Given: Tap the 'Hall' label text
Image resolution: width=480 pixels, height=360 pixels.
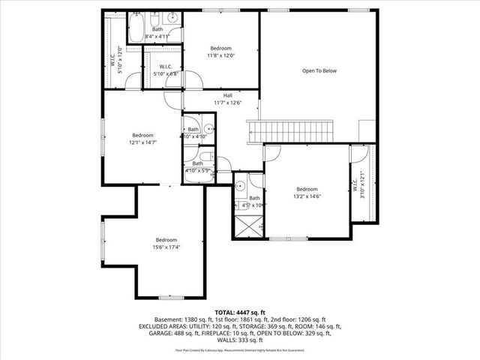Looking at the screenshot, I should tap(226, 94).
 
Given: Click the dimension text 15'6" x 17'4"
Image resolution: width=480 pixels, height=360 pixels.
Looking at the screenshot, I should tap(166, 247).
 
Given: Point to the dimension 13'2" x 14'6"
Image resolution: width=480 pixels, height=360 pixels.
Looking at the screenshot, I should tap(307, 196).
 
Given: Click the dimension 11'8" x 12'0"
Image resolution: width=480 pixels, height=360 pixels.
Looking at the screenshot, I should tap(221, 55).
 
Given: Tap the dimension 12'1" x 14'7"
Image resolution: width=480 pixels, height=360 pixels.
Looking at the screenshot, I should tap(142, 142).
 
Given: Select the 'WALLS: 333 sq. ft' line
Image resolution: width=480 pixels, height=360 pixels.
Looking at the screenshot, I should tap(239, 341).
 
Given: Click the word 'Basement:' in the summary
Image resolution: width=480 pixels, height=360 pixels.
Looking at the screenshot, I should tap(169, 319).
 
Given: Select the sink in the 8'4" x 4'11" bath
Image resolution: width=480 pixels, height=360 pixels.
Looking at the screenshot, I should tap(172, 17).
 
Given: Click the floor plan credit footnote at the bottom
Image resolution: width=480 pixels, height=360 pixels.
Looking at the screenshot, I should tap(239, 349).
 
